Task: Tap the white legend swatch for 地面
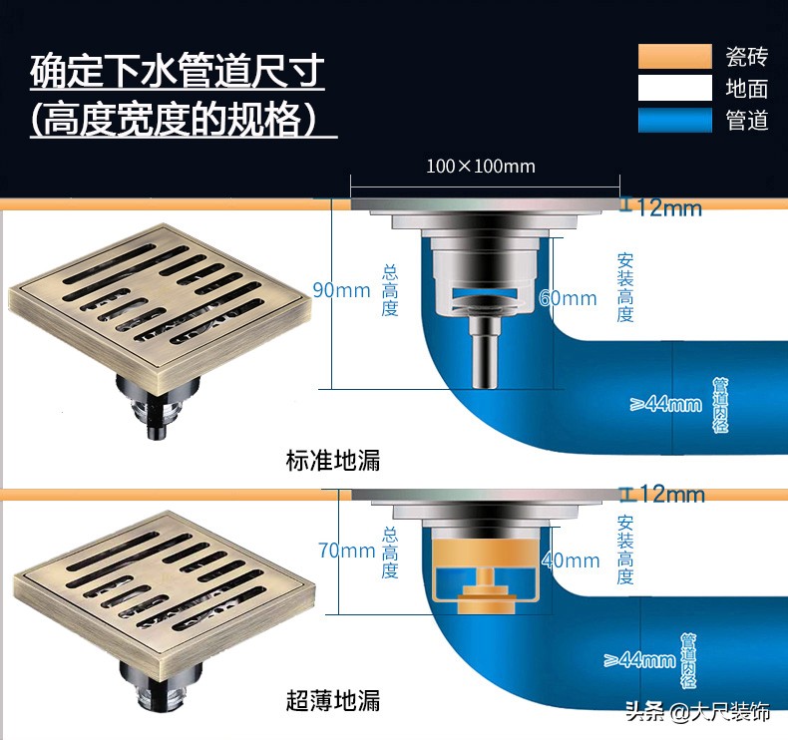tap(674, 89)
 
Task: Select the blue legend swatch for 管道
tap(674, 121)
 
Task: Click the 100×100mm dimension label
tap(481, 166)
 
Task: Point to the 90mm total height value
tap(341, 291)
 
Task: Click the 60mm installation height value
tap(569, 298)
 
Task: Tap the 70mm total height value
tap(346, 551)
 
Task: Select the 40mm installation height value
tap(571, 560)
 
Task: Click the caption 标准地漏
tap(333, 461)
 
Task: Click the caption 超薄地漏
tap(333, 700)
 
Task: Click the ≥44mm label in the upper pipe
tap(666, 404)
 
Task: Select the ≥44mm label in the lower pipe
tap(640, 659)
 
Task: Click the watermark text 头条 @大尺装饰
tap(697, 712)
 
